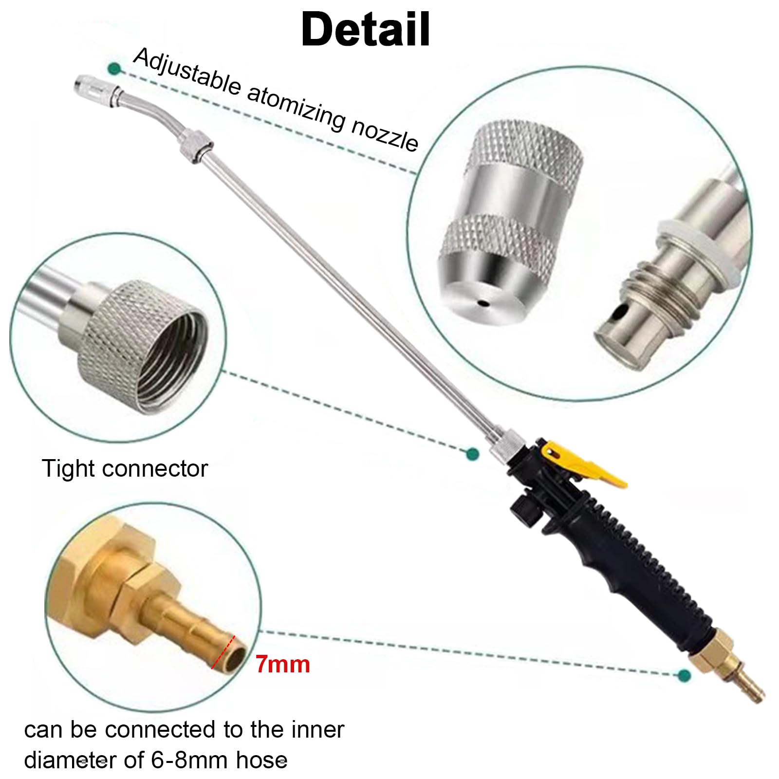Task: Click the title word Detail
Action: (366, 29)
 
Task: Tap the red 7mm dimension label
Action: (283, 664)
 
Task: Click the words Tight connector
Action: (125, 469)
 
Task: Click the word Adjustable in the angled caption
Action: (187, 71)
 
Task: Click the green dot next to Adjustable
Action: (114, 68)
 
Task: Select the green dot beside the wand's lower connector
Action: (472, 454)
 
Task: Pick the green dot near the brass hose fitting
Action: (684, 675)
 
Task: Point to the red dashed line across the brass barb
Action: (223, 652)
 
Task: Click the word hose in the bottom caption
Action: (261, 760)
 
